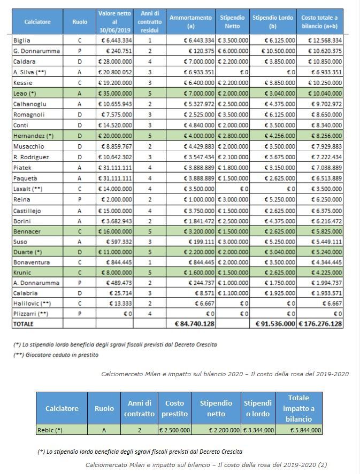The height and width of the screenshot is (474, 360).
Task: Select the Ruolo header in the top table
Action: click(x=80, y=22)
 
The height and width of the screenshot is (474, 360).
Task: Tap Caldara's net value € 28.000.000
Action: click(x=115, y=61)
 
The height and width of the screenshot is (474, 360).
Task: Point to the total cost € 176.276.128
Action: click(x=320, y=323)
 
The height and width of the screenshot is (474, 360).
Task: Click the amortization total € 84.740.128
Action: click(x=195, y=323)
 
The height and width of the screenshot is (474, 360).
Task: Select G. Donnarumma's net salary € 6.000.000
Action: click(x=233, y=51)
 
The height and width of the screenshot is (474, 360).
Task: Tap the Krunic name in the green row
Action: click(x=22, y=273)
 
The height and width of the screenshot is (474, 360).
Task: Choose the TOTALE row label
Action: click(x=24, y=324)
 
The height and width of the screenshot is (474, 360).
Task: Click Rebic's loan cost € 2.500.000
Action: click(x=174, y=430)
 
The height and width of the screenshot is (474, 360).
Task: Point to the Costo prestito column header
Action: click(x=174, y=408)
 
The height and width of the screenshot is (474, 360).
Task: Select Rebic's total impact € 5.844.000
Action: click(x=305, y=430)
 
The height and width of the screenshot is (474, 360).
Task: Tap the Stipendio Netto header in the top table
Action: click(x=232, y=22)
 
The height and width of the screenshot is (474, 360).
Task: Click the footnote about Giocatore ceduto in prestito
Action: click(x=56, y=355)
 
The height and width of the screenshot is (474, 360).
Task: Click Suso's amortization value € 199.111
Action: click(x=202, y=242)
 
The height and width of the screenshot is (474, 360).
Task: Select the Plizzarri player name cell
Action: click(x=31, y=314)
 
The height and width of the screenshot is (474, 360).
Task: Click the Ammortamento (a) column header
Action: click(x=190, y=22)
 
